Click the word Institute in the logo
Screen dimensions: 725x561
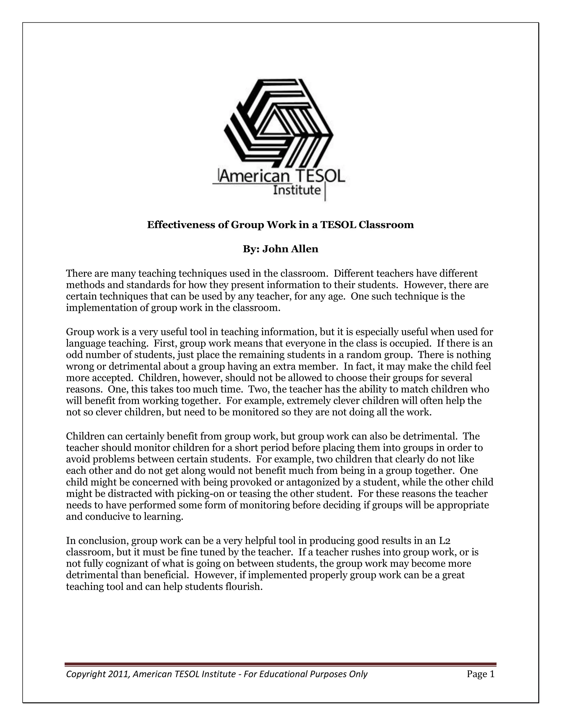click(x=297, y=190)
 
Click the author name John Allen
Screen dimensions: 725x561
click(x=290, y=249)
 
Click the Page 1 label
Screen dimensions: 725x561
click(x=480, y=674)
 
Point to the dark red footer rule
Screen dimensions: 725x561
click(x=280, y=664)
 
